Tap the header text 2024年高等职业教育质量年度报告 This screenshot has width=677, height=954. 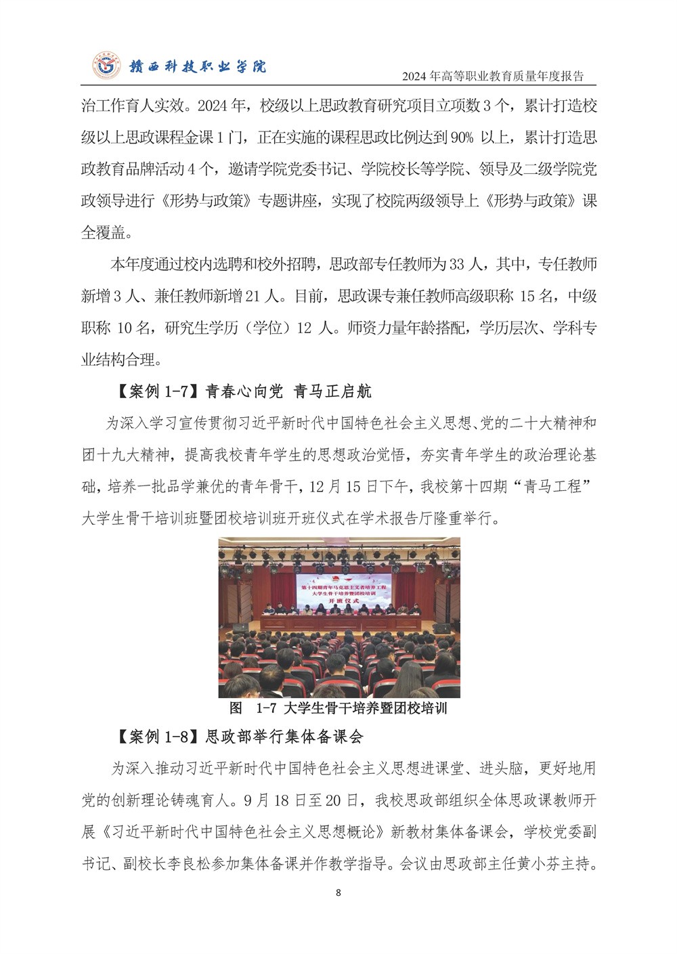tap(492, 76)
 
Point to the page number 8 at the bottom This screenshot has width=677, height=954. tap(338, 892)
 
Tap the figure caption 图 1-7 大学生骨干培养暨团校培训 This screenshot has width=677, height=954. tap(338, 708)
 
